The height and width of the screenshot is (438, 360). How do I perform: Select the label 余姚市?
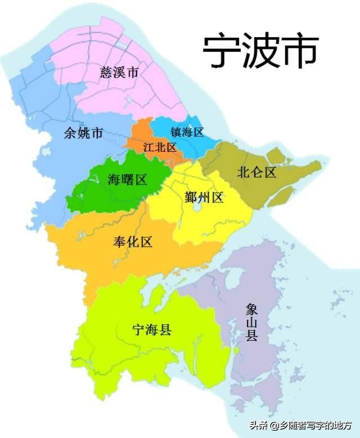(84, 133)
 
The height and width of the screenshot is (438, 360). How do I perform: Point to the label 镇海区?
(187, 132)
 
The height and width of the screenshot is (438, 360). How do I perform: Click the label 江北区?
(160, 147)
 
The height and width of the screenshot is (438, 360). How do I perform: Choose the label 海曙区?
(127, 180)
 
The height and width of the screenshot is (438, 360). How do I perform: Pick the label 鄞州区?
(204, 197)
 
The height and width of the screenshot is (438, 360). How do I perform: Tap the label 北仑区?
(257, 172)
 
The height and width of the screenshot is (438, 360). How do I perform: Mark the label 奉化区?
(133, 242)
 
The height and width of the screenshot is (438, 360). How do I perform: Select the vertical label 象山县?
(251, 323)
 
